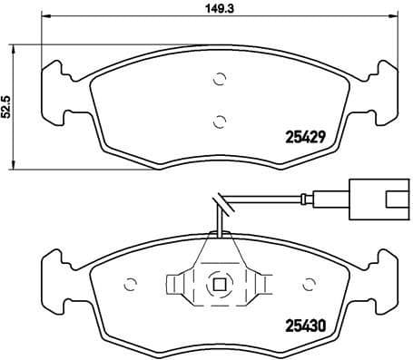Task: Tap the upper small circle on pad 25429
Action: pyautogui.click(x=217, y=80)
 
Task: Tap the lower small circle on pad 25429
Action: pyautogui.click(x=217, y=119)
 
